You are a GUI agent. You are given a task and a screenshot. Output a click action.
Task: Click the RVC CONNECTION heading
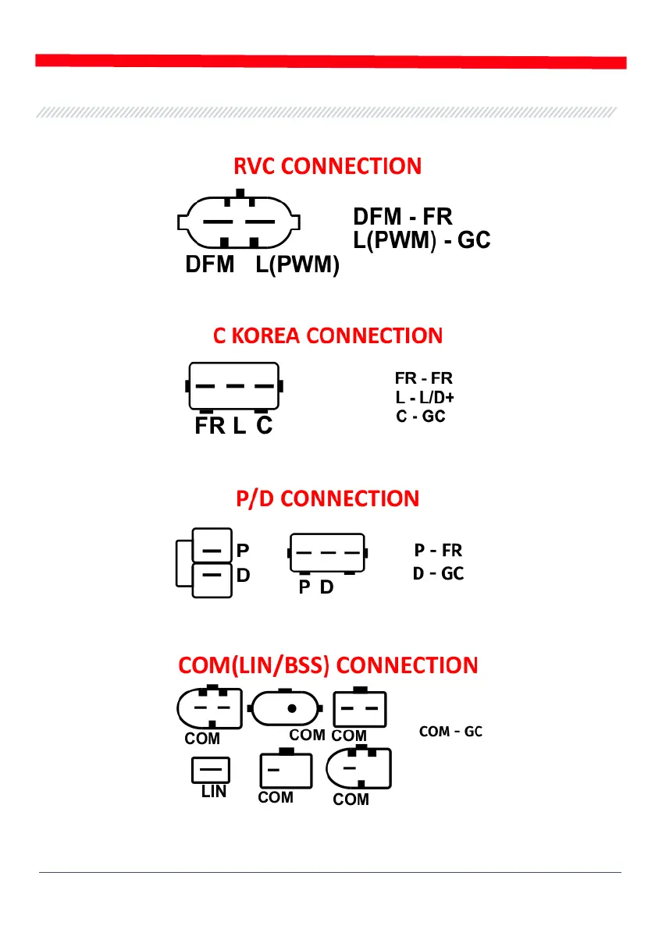(x=327, y=166)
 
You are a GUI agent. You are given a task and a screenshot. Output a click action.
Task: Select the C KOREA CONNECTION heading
(x=327, y=336)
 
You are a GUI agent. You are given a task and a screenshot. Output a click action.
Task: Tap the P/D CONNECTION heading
(x=327, y=498)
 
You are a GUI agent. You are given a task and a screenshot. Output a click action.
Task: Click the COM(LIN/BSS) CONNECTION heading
(x=327, y=665)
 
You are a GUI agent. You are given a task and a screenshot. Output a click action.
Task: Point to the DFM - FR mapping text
(x=403, y=217)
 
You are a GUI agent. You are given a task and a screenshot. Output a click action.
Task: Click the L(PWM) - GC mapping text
(x=422, y=240)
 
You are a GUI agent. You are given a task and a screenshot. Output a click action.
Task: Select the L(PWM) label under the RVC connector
(x=297, y=266)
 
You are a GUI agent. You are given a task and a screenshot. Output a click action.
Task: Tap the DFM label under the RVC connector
(x=209, y=266)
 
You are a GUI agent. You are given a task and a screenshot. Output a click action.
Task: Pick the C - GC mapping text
(x=421, y=417)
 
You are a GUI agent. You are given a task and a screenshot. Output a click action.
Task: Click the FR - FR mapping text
(x=424, y=379)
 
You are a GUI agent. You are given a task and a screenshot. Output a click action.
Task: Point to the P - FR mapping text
(x=439, y=551)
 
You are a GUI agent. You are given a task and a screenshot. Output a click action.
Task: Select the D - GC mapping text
(x=438, y=574)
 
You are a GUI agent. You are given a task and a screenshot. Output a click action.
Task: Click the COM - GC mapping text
(x=450, y=732)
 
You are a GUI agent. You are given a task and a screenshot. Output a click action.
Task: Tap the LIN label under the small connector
(x=213, y=792)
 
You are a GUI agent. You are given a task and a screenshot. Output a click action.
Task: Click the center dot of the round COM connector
(x=291, y=709)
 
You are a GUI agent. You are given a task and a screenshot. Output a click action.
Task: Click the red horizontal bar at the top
(x=331, y=62)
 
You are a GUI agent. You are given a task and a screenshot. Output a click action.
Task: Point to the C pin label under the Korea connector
(x=265, y=427)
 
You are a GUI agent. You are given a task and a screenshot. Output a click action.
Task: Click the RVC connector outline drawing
(x=239, y=222)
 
